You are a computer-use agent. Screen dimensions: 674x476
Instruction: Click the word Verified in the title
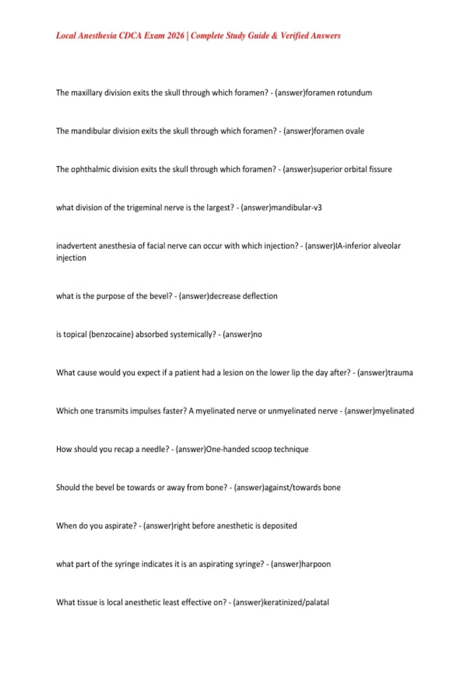[295, 36]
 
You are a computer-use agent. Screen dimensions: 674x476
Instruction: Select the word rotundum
[354, 93]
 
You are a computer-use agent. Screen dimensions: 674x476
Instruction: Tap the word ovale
[355, 131]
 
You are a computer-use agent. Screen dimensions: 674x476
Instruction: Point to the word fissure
[380, 169]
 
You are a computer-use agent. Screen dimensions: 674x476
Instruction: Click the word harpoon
[316, 564]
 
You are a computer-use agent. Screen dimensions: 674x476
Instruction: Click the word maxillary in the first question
[86, 93]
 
